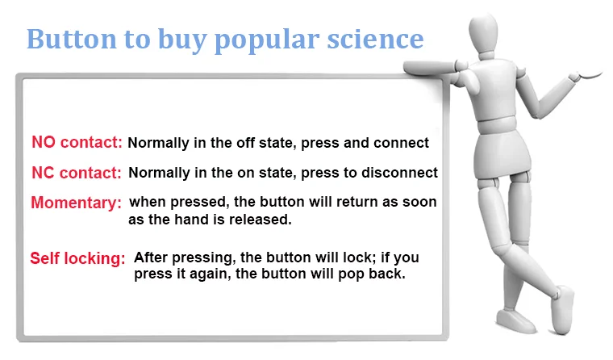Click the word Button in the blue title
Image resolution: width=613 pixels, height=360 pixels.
[72, 39]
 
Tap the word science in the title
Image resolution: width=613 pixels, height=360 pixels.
[375, 39]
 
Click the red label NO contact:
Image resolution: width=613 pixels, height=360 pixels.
[77, 142]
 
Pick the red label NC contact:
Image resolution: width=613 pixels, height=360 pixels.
[77, 173]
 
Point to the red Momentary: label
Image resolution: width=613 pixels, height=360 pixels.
[77, 203]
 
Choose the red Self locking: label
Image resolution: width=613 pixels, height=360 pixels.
[77, 258]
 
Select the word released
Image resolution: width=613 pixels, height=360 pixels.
[261, 220]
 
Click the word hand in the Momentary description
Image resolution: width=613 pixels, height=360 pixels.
[191, 220]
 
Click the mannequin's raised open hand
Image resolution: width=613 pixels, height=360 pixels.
[586, 74]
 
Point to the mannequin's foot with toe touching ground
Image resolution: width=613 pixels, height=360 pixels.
[562, 310]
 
